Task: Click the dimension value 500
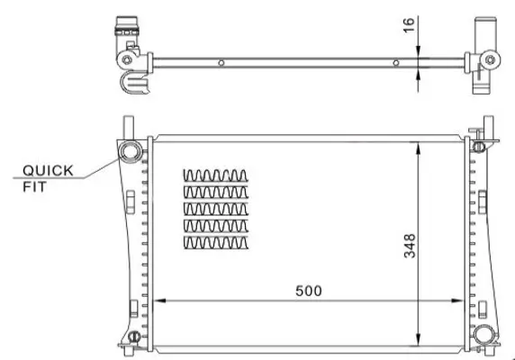tap(307, 291)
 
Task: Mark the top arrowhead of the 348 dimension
tap(417, 145)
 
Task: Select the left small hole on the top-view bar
tap(221, 63)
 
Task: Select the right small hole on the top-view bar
tap(396, 63)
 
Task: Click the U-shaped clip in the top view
tap(134, 85)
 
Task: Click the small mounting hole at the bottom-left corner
tap(132, 338)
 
